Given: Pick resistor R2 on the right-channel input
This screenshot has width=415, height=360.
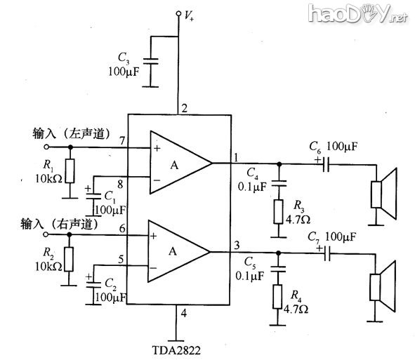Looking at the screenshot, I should coord(70,258).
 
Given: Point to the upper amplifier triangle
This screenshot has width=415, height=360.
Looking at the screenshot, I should coord(179,163).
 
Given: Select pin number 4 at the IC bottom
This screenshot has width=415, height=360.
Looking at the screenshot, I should coord(183,312).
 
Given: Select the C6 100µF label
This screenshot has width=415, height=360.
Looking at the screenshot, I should coord(334,147).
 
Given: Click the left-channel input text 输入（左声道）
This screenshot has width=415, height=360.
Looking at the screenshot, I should coord(74,133).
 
